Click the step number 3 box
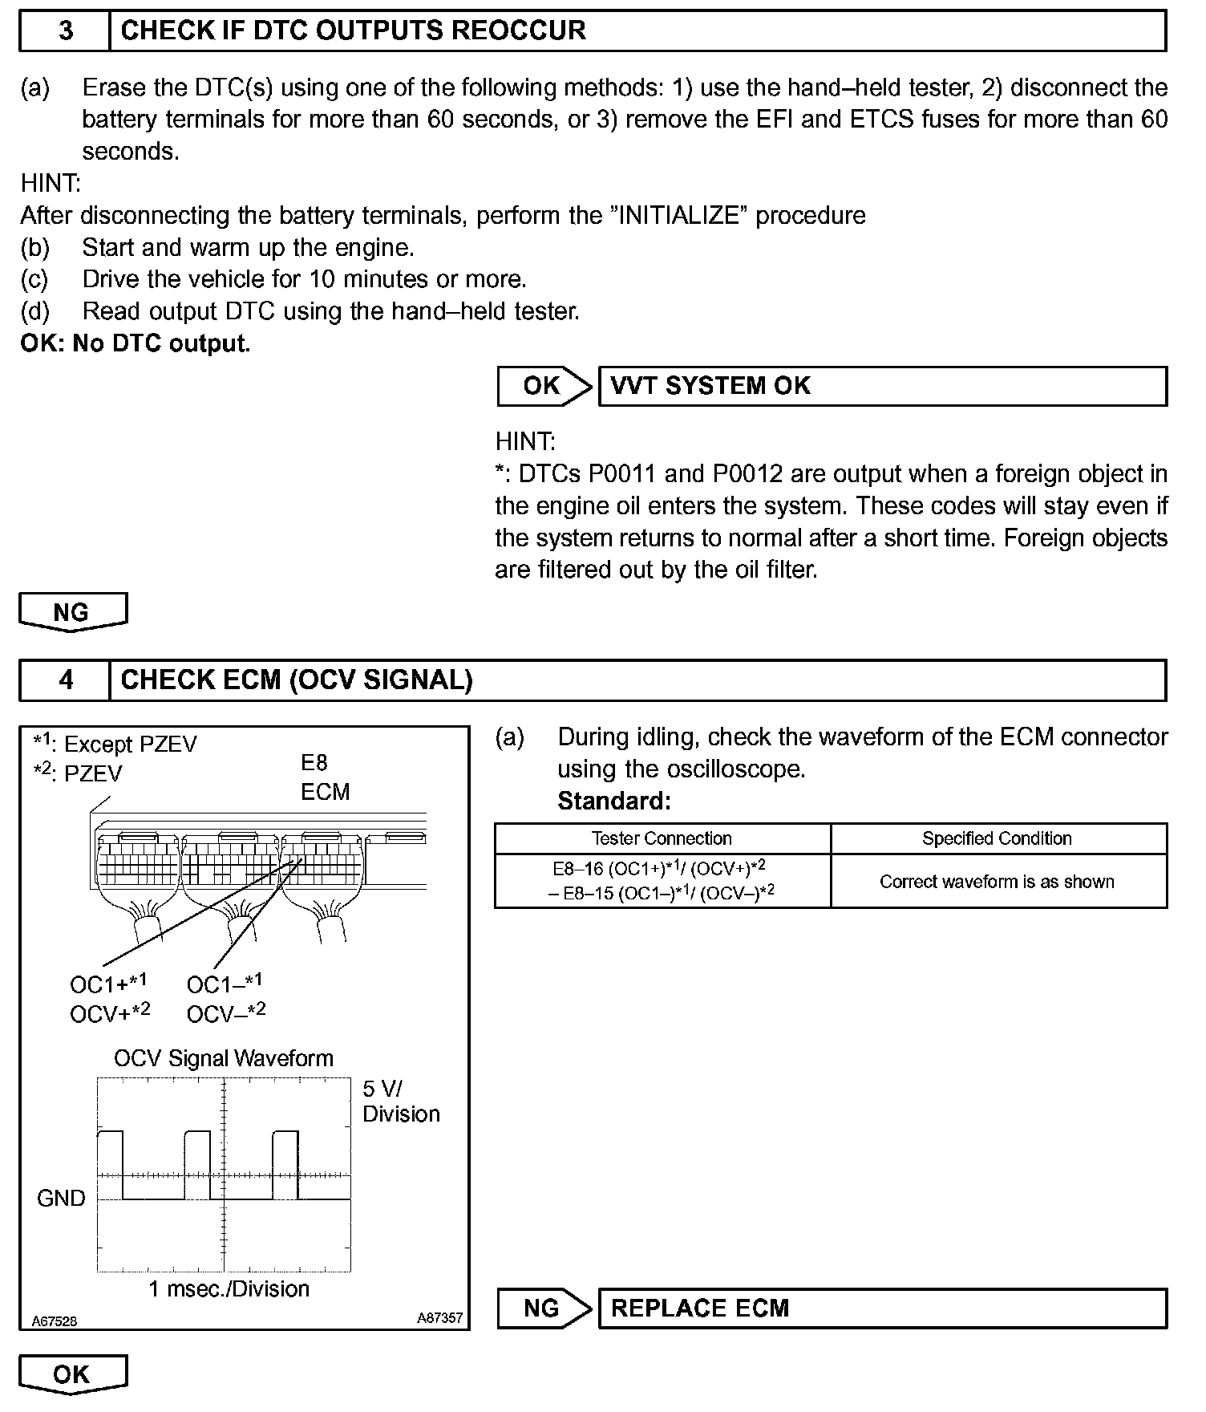point(65,30)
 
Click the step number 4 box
point(65,680)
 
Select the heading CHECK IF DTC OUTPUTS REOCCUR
point(353,30)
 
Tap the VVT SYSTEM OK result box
point(882,386)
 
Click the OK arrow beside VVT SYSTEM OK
point(544,386)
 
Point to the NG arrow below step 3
point(72,612)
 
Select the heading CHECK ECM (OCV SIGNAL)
point(297,680)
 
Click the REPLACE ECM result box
point(882,1309)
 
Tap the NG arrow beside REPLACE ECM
point(544,1309)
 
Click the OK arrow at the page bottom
point(72,1374)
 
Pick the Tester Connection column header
point(662,838)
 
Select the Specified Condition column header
point(997,838)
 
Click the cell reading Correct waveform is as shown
point(997,882)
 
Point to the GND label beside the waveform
point(61,1199)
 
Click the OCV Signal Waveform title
point(224,1058)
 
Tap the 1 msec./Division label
point(229,1288)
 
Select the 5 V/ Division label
point(400,1102)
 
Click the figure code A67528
point(55,1321)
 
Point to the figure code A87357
point(439,1317)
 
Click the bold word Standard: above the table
point(613,801)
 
